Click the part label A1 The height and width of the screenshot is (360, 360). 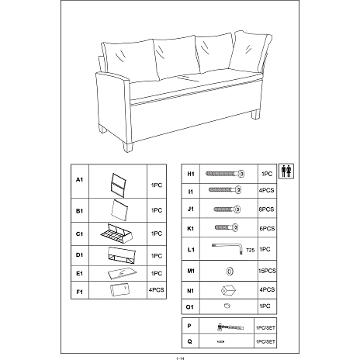pyautogui.click(x=79, y=179)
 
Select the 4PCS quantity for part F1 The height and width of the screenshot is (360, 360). pyautogui.click(x=156, y=290)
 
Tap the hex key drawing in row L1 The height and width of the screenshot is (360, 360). pyautogui.click(x=227, y=248)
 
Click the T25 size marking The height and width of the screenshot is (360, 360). pyautogui.click(x=250, y=250)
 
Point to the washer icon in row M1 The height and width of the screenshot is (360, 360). pyautogui.click(x=230, y=271)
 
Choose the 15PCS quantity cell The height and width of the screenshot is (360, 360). pyautogui.click(x=267, y=271)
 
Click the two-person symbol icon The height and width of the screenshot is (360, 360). pyautogui.click(x=286, y=171)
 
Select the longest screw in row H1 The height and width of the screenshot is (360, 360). pyautogui.click(x=225, y=174)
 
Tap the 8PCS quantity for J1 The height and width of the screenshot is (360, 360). pyautogui.click(x=266, y=209)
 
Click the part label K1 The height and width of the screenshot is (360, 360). pyautogui.click(x=190, y=229)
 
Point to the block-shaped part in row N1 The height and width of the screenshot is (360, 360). pyautogui.click(x=228, y=290)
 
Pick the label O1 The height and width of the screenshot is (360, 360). pyautogui.click(x=190, y=307)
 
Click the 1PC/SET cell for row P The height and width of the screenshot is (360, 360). pyautogui.click(x=265, y=327)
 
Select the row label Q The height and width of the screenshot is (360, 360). pyautogui.click(x=189, y=341)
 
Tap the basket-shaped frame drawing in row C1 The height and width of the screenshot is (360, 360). pyautogui.click(x=116, y=234)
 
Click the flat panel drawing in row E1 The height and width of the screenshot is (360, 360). pyautogui.click(x=122, y=273)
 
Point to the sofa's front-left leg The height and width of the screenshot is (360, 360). pyautogui.click(x=128, y=147)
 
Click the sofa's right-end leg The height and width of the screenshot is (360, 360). pyautogui.click(x=255, y=114)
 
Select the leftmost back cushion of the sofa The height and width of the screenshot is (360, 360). pyautogui.click(x=130, y=61)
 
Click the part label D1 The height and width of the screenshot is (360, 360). pyautogui.click(x=79, y=255)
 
